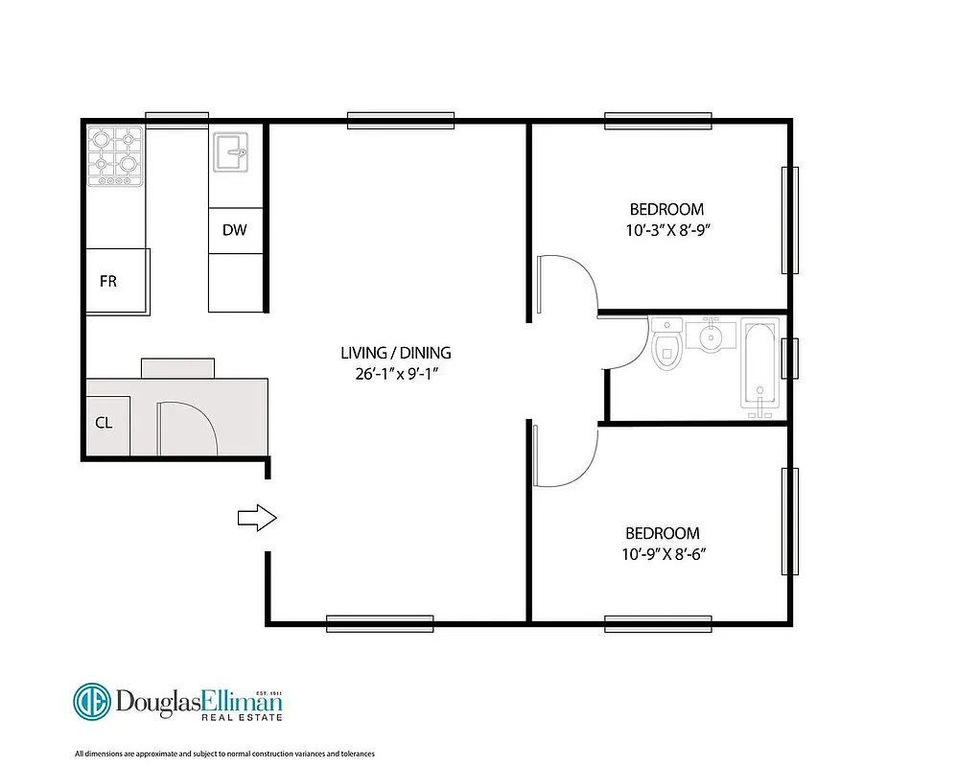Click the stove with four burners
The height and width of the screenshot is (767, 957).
(115, 156)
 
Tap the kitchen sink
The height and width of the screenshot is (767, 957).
(229, 152)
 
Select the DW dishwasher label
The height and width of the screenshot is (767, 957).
(234, 230)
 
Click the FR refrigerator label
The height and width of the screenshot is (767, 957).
(108, 282)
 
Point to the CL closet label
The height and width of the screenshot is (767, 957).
(105, 422)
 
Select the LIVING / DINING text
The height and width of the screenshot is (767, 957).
(395, 353)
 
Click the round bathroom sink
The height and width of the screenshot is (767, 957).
(711, 337)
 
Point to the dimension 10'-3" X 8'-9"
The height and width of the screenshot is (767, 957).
(665, 230)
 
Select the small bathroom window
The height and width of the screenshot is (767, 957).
(790, 359)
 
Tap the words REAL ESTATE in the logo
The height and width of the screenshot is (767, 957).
(241, 716)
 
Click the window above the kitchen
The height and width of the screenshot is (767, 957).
(176, 119)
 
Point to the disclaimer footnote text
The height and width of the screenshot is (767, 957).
(224, 754)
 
